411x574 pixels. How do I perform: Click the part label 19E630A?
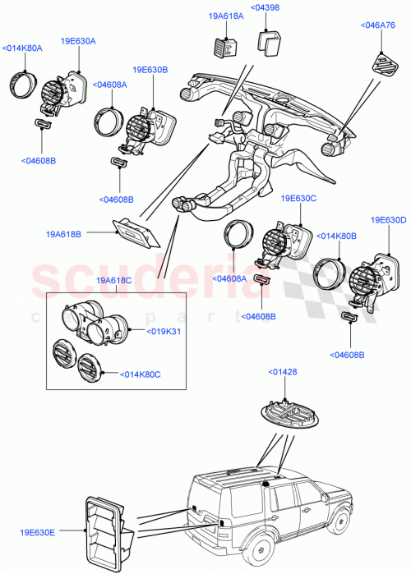click(x=77, y=40)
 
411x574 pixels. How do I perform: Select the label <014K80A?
click(x=22, y=48)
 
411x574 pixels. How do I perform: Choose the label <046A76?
click(x=379, y=25)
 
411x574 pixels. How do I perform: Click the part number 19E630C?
click(x=298, y=199)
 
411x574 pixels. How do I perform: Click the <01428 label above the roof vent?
click(x=284, y=373)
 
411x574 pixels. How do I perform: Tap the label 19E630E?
click(x=38, y=534)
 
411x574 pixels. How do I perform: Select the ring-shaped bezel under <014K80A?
click(x=24, y=85)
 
